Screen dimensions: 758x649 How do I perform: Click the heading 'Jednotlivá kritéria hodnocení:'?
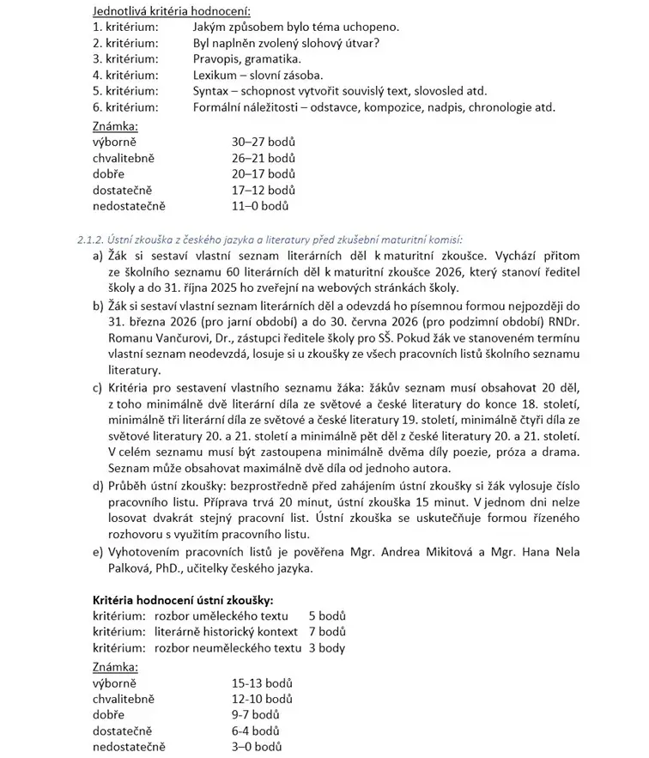pos(172,11)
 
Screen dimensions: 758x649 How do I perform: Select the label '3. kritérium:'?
pos(125,58)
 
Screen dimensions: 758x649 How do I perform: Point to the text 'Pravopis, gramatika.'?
pos(247,58)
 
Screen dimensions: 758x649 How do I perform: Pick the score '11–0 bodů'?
pos(259,206)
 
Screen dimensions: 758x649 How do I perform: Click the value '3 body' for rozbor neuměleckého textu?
pos(327,648)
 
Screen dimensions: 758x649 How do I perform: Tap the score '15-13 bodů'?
pos(262,683)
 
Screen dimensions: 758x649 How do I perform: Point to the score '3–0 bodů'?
pos(257,748)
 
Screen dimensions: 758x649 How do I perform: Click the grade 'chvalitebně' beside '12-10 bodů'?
pos(124,700)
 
